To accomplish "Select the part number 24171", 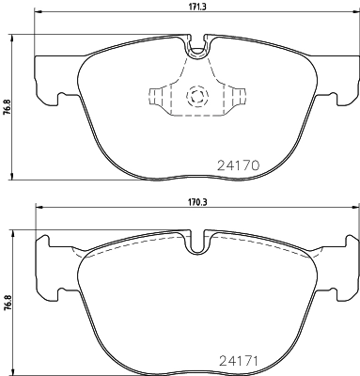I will [237, 358].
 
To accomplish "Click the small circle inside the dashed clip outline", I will [196, 94].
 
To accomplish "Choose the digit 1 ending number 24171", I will [255, 358].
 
